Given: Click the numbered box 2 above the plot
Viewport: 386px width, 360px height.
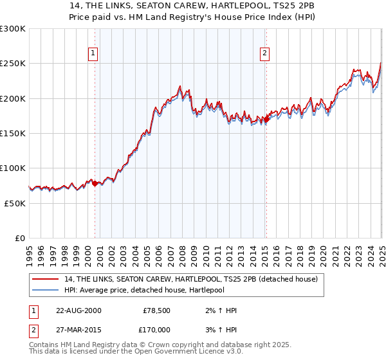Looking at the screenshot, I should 264,53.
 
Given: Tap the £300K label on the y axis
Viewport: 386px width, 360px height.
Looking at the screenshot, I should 13,29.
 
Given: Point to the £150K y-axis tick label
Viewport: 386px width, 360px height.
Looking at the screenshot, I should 13,134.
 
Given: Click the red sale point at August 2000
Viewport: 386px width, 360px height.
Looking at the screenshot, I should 95,183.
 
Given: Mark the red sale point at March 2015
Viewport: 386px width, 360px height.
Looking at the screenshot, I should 266,120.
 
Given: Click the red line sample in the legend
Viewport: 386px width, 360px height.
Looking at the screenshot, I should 46,280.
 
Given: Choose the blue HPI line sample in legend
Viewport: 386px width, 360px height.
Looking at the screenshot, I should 46,290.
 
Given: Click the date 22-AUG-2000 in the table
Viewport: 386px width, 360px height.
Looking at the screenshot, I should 78,310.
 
